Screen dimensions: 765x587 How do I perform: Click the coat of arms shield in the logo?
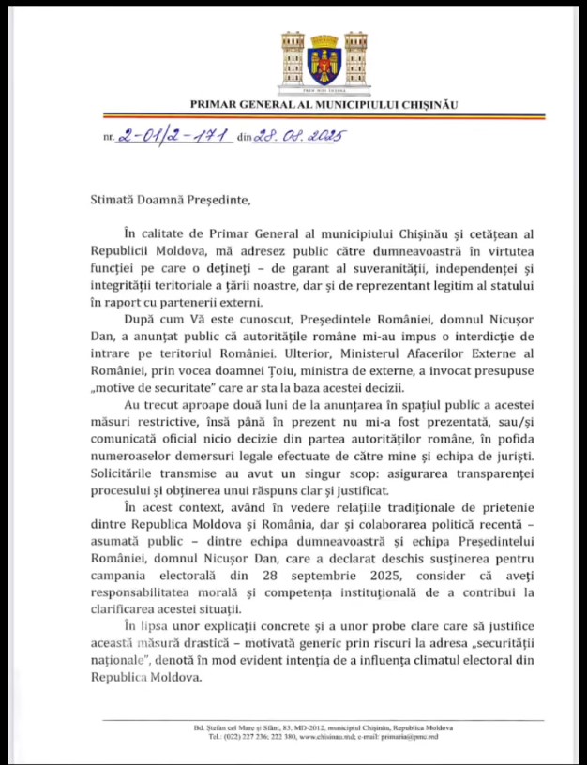click(x=324, y=66)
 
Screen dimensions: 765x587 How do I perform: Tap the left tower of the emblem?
click(x=292, y=59)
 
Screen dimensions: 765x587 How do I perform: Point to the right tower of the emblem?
click(x=355, y=59)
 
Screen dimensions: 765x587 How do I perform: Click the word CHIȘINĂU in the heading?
click(x=425, y=104)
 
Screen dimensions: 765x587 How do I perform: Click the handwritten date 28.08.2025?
click(x=294, y=136)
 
